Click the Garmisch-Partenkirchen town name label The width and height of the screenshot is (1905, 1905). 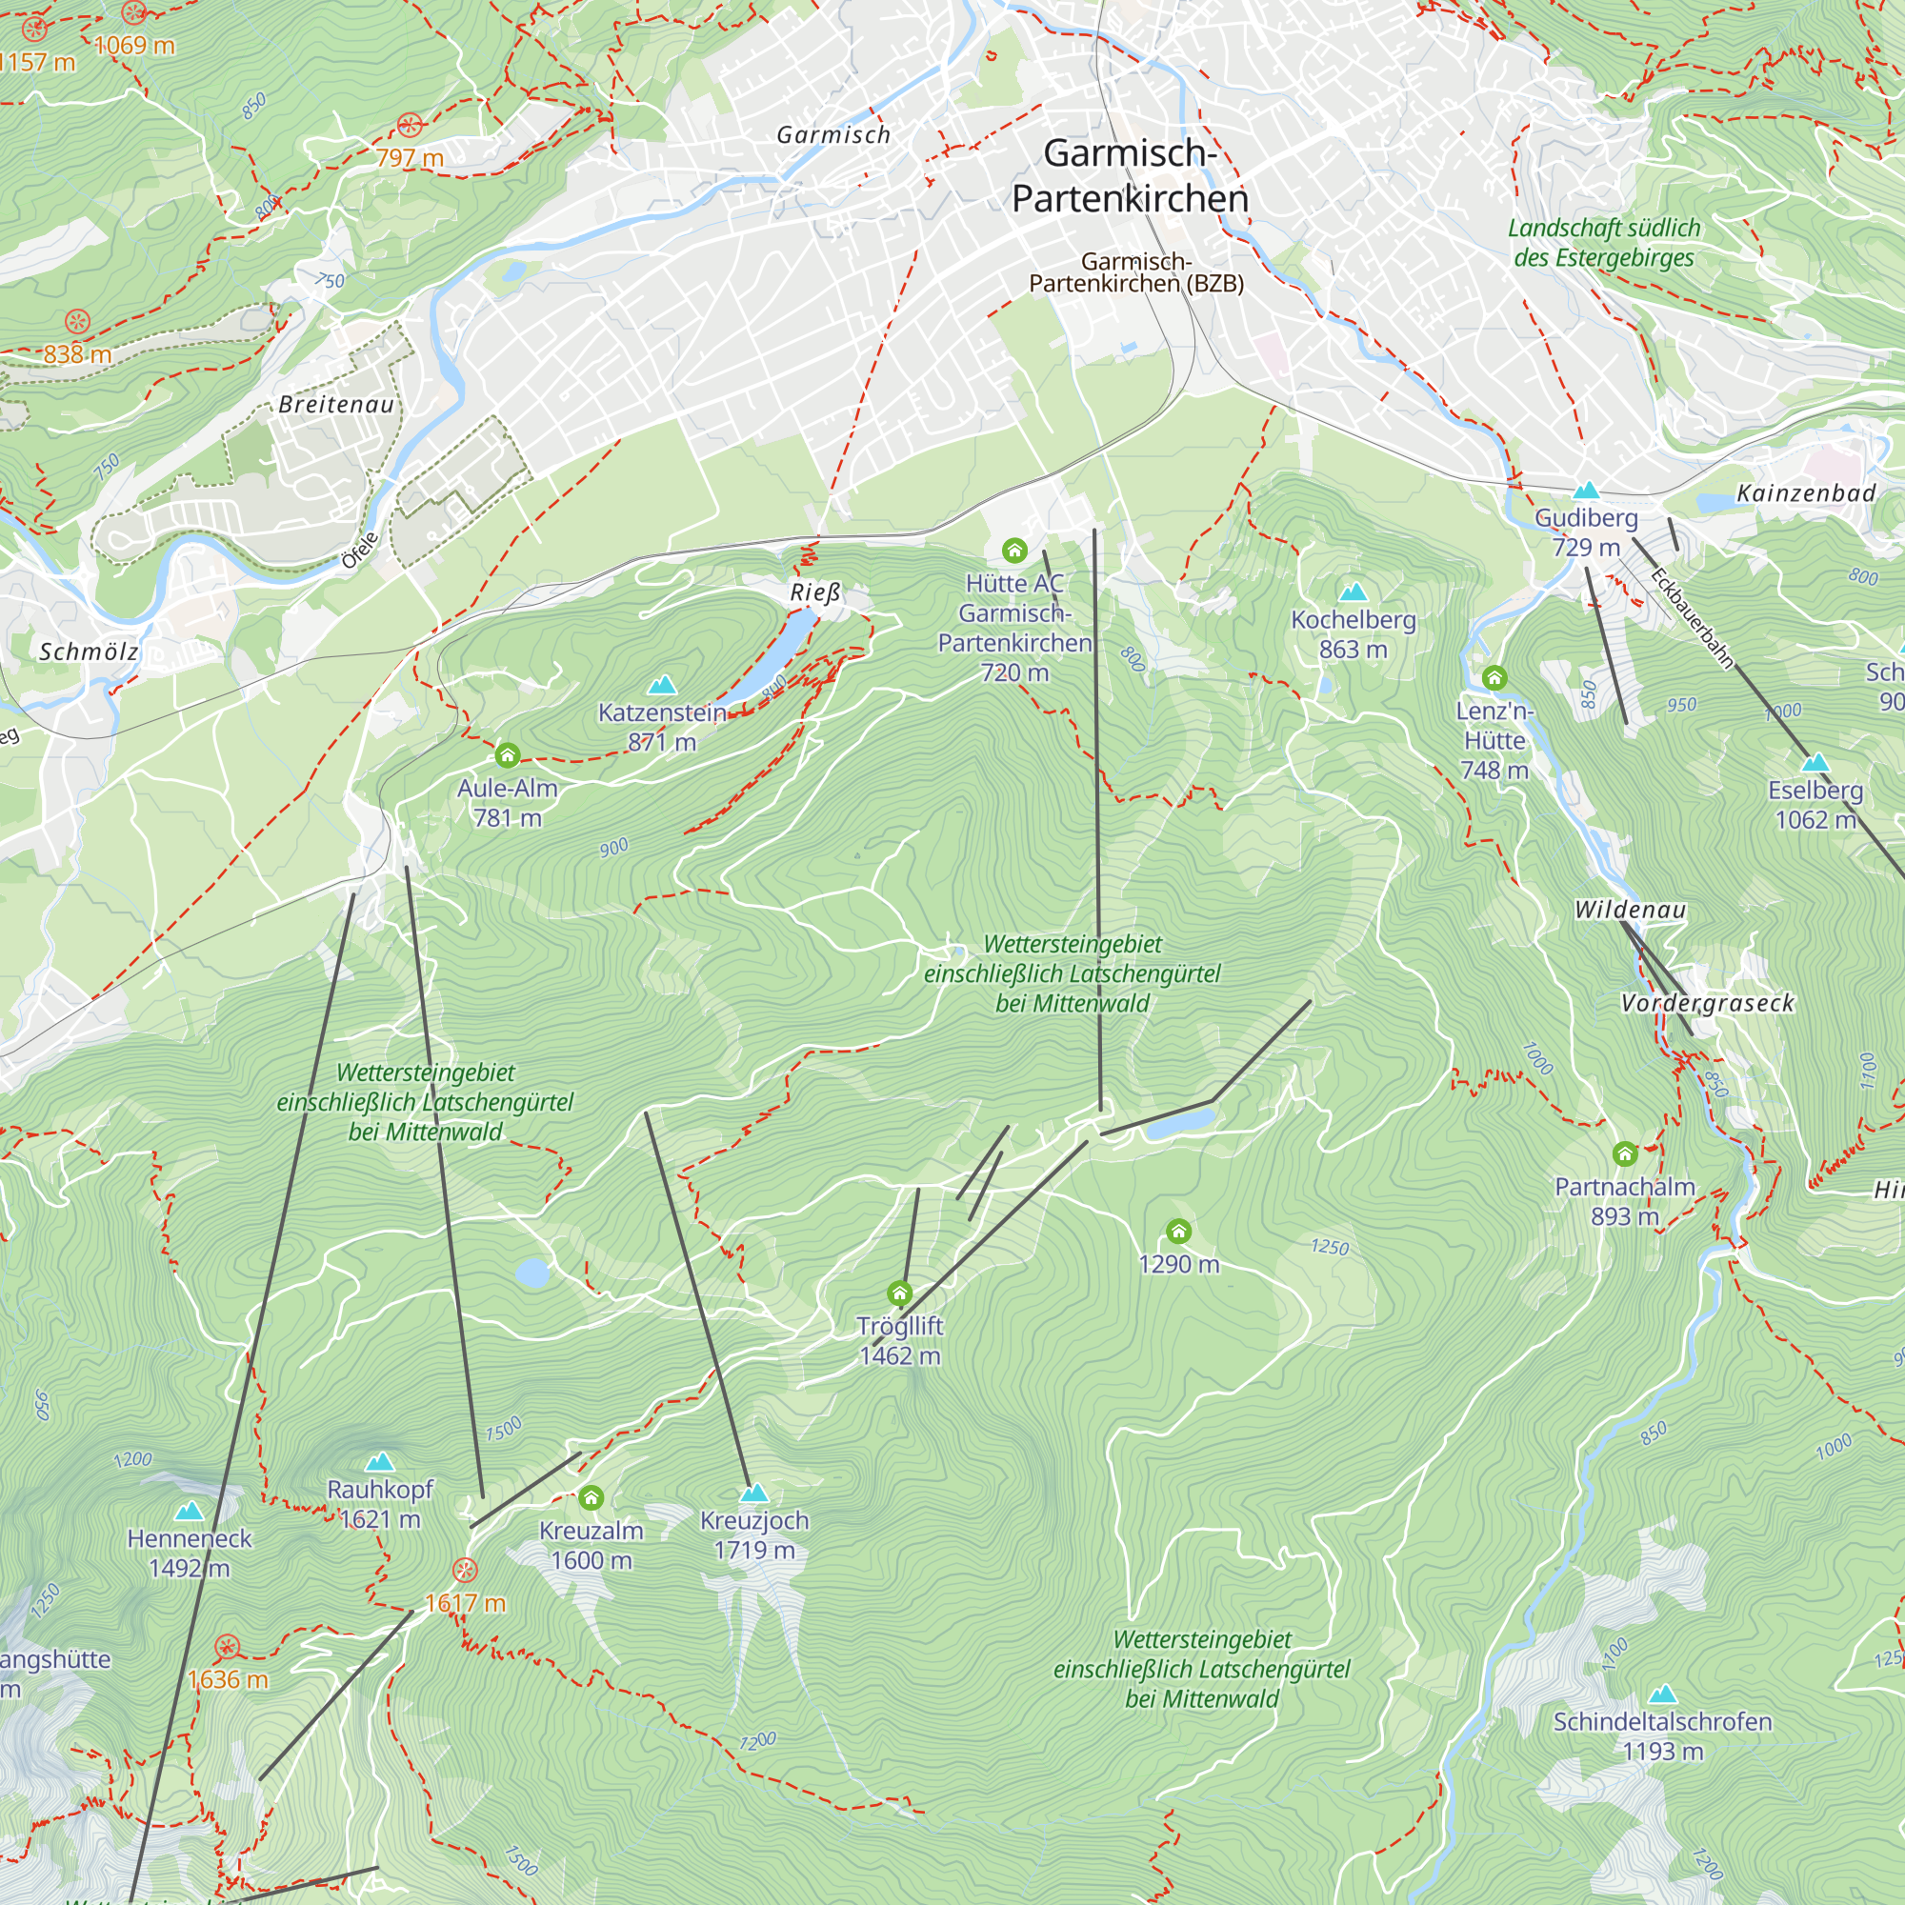pyautogui.click(x=1130, y=175)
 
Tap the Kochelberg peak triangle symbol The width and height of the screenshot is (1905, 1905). pyautogui.click(x=1353, y=592)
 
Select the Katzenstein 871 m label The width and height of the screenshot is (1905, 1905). pyautogui.click(x=662, y=727)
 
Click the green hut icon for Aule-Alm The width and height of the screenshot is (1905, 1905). pyautogui.click(x=508, y=756)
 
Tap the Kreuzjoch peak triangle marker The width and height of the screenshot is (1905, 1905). pyautogui.click(x=754, y=1493)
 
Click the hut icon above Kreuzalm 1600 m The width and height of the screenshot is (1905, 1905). pyautogui.click(x=591, y=1498)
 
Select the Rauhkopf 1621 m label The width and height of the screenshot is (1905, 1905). pyautogui.click(x=380, y=1504)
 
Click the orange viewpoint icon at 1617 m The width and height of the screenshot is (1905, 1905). pyautogui.click(x=465, y=1571)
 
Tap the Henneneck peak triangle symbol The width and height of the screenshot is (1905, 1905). pyautogui.click(x=189, y=1512)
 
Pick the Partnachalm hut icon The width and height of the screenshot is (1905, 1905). pyautogui.click(x=1625, y=1153)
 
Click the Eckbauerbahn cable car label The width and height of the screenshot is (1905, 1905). pyautogui.click(x=1691, y=619)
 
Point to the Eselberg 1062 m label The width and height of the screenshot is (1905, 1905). pyautogui.click(x=1815, y=805)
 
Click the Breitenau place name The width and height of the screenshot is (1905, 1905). pyautogui.click(x=336, y=404)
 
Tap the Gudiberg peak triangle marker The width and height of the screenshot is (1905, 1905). pyautogui.click(x=1586, y=490)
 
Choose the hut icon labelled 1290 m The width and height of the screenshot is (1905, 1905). pyautogui.click(x=1178, y=1231)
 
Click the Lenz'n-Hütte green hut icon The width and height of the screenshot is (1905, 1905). pyautogui.click(x=1494, y=677)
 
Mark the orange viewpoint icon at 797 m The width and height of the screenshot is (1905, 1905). pyautogui.click(x=410, y=125)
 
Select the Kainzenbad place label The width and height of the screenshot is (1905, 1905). pyautogui.click(x=1805, y=493)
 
